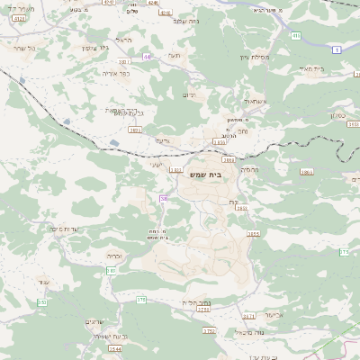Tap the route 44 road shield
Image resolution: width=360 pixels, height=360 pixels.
(146, 56)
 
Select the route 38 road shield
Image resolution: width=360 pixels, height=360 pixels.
(164, 198)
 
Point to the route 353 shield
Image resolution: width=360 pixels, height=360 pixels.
(41, 301)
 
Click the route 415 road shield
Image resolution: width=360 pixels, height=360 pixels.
(295, 36)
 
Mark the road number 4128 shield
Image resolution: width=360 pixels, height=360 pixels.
(20, 18)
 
